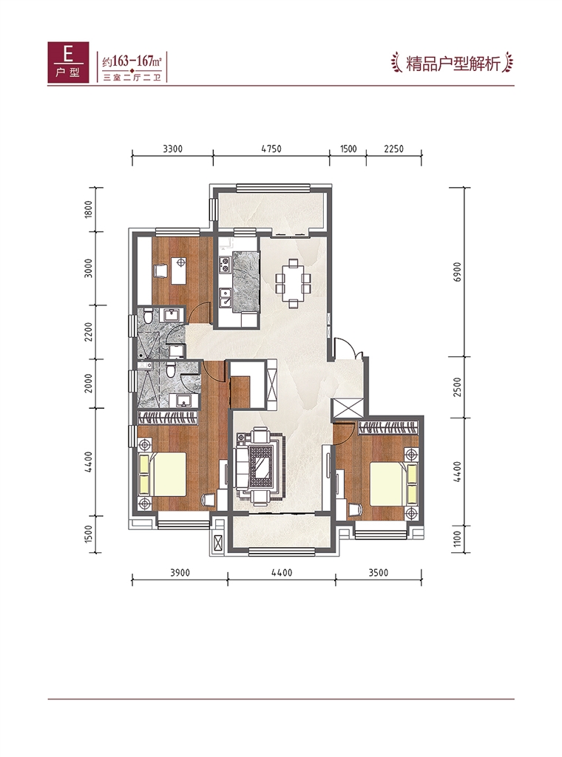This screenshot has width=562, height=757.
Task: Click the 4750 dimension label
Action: pyautogui.click(x=271, y=149)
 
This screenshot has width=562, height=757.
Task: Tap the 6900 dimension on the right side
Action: pyautogui.click(x=458, y=272)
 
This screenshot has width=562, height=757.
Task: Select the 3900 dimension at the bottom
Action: pyautogui.click(x=180, y=573)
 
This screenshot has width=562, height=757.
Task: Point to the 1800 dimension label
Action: pyautogui.click(x=88, y=209)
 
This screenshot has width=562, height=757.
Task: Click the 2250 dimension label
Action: pyautogui.click(x=393, y=149)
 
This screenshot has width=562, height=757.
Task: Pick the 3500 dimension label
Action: pyautogui.click(x=378, y=573)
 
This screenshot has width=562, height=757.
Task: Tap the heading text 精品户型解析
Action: pyautogui.click(x=453, y=64)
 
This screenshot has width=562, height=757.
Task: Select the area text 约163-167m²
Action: pyautogui.click(x=132, y=61)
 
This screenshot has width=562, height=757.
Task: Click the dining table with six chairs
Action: pyautogui.click(x=293, y=283)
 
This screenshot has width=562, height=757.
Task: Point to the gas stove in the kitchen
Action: pyautogui.click(x=225, y=264)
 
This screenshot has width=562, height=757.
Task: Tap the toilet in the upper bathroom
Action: pyautogui.click(x=148, y=314)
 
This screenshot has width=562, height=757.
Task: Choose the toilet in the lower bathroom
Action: pyautogui.click(x=170, y=370)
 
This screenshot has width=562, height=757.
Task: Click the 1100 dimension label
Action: pyautogui.click(x=458, y=539)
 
